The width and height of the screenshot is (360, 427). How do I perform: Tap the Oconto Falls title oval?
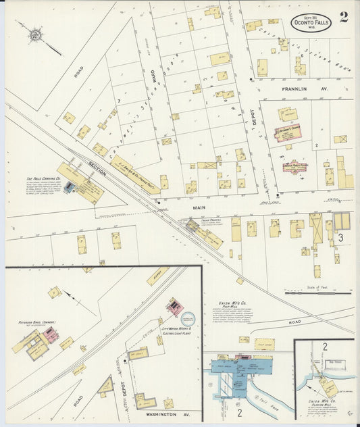[311, 22]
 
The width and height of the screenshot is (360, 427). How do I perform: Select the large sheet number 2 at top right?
[344, 18]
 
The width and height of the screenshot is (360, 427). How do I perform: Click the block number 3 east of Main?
[340, 237]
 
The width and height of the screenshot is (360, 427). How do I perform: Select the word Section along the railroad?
[97, 171]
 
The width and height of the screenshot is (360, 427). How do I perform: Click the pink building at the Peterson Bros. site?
[50, 336]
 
